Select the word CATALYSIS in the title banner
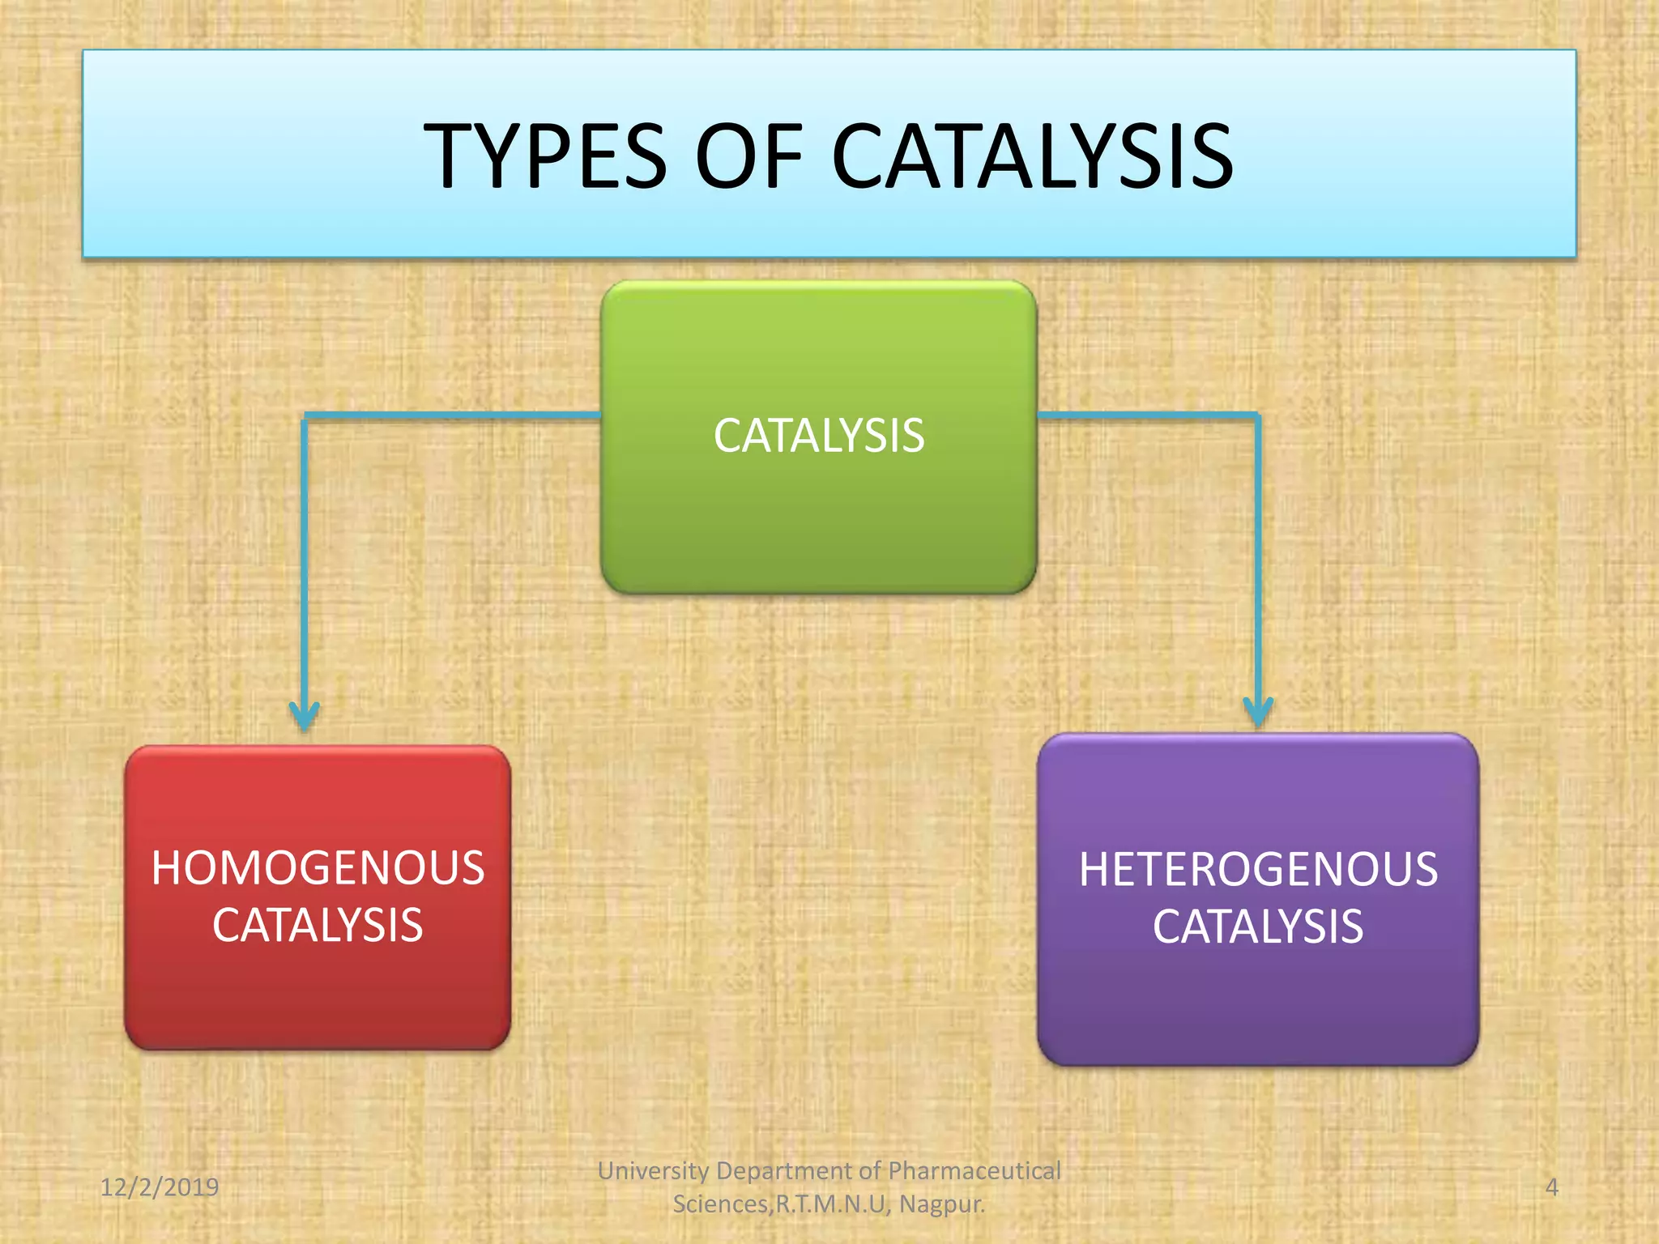coord(1032,155)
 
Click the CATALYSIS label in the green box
coord(818,436)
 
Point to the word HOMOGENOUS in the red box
coord(318,868)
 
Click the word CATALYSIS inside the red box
coord(318,926)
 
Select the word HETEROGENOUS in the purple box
coord(1258,870)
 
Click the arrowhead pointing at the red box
coord(305,716)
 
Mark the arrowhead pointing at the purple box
coord(1258,713)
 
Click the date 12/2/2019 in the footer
coord(160,1187)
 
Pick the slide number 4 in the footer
coord(1551,1187)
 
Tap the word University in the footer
coord(653,1171)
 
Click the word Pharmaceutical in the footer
coord(975,1171)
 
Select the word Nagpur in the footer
coord(941,1204)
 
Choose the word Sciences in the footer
coord(719,1204)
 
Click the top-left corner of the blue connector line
coord(305,416)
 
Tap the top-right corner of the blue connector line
coord(1258,416)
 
